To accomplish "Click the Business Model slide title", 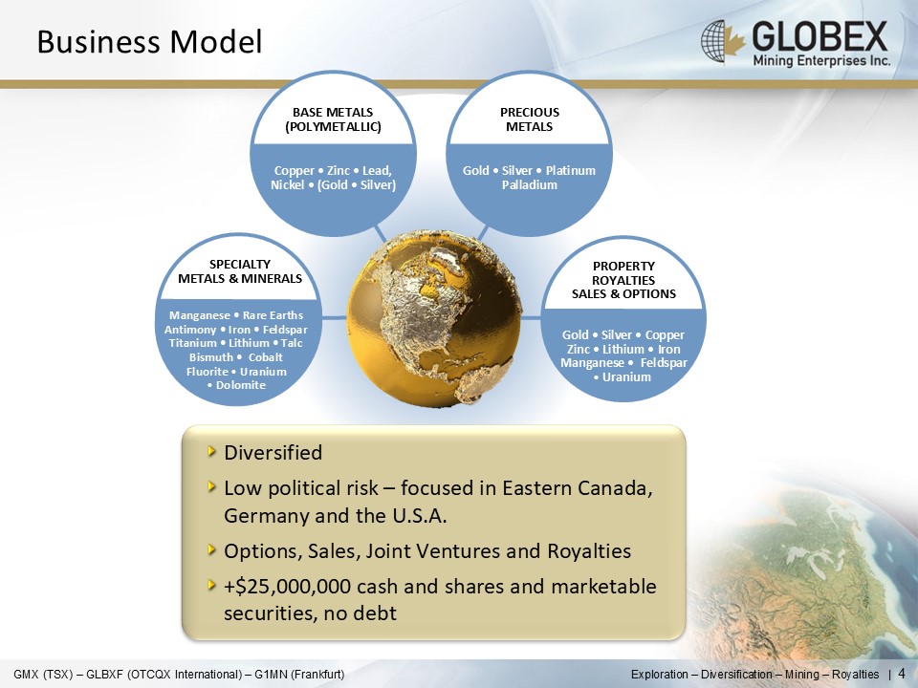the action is tap(149, 42).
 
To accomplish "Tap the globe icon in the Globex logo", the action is tap(715, 40).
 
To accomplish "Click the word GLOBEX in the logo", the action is tap(820, 36).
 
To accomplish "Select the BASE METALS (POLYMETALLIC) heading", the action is tap(333, 119).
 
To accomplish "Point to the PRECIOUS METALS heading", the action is tap(529, 119).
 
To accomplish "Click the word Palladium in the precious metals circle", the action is tap(529, 184).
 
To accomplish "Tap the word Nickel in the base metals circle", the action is tap(288, 184).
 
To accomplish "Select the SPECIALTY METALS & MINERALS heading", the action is tap(240, 271).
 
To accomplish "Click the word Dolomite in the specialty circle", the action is tap(241, 385).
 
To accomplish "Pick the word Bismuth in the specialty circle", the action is tap(211, 356).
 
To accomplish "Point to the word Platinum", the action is tap(570, 171).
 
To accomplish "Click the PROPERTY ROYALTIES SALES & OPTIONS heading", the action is tap(623, 280).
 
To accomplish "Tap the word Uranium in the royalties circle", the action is tap(626, 376).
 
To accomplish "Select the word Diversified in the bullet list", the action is tap(273, 452).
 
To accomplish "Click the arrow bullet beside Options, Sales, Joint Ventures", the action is tap(211, 549).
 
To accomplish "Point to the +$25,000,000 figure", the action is tap(288, 586).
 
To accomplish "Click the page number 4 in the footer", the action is tap(902, 674).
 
